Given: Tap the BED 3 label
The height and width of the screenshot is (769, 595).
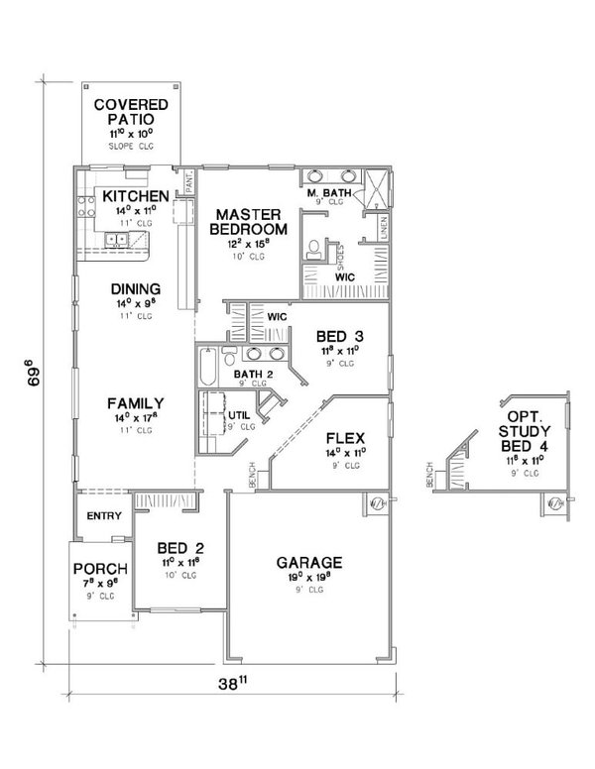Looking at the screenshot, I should (x=339, y=335).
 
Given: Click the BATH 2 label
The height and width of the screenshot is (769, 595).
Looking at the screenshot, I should (x=253, y=374).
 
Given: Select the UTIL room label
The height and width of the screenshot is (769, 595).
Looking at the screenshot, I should (x=240, y=415).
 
